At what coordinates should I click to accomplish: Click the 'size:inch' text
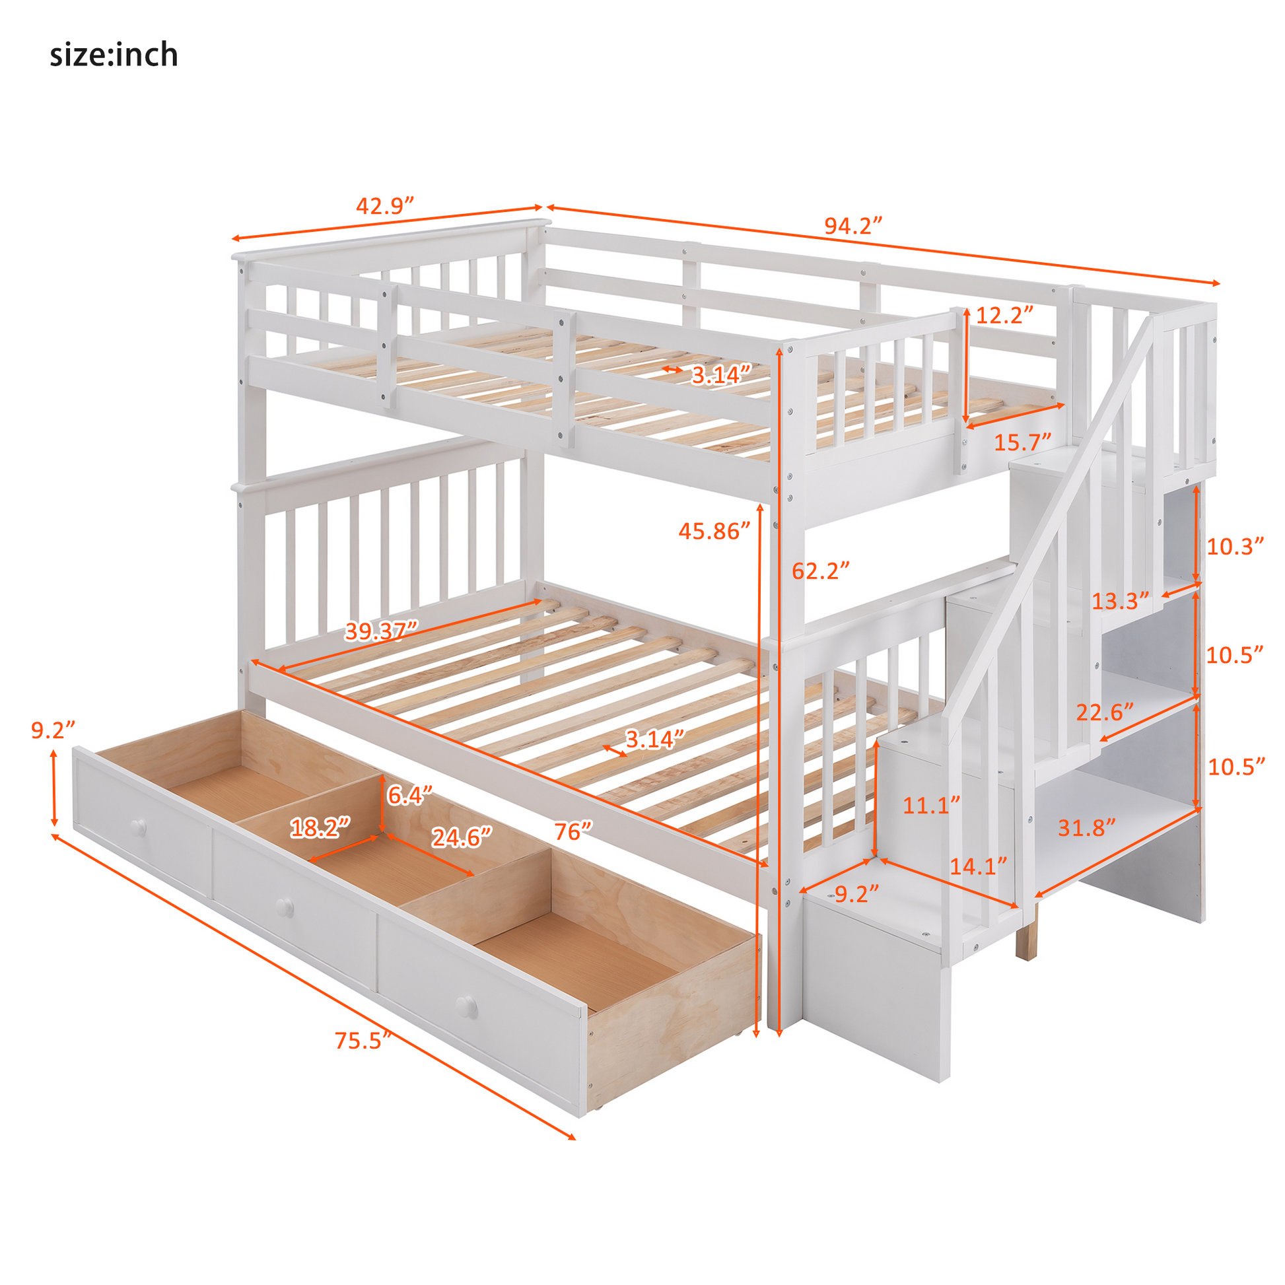click(114, 55)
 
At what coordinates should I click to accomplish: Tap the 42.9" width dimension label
click(384, 205)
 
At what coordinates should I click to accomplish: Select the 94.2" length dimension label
click(852, 226)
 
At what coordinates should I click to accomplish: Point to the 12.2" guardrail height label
click(1004, 314)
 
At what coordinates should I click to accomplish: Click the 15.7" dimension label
click(1022, 442)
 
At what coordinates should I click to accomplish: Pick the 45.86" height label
click(714, 531)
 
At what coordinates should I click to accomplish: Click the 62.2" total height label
click(820, 571)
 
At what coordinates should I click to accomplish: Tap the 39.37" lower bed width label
click(381, 630)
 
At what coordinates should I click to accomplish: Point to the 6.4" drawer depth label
click(409, 795)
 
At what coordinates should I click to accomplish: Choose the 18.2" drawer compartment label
click(320, 828)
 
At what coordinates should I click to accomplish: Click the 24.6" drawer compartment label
click(462, 837)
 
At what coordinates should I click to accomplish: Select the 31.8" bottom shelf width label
click(1086, 828)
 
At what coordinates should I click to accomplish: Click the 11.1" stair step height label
click(931, 806)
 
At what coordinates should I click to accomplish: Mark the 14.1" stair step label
click(978, 866)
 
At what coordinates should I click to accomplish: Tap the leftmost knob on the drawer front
click(139, 827)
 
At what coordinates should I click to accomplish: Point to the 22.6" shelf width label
click(1105, 712)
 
